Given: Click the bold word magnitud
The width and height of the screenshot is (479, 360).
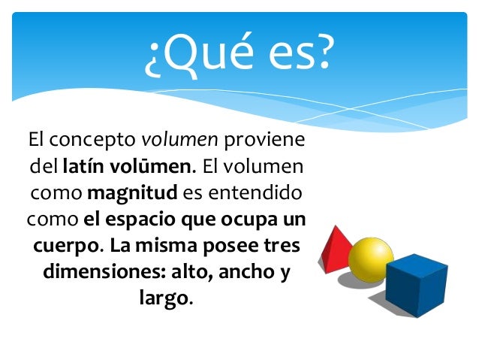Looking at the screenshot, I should [x=132, y=193].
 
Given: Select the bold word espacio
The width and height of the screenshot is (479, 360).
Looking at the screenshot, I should [x=143, y=219].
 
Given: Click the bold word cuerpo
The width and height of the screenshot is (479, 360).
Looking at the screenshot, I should [x=66, y=246].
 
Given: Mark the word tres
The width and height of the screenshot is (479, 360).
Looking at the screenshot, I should [x=282, y=246].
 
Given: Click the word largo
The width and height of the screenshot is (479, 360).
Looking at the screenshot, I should [x=164, y=298].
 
